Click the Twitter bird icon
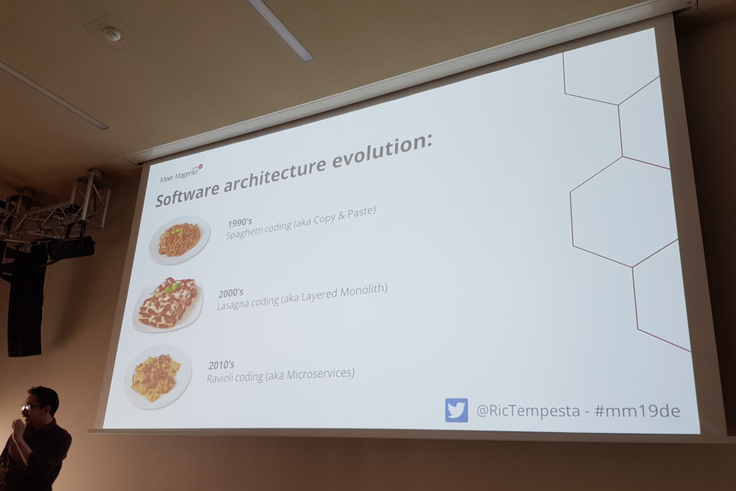click(x=456, y=410)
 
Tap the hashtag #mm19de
click(x=637, y=412)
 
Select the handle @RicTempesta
click(x=528, y=412)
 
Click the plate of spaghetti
click(x=180, y=240)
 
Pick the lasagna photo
click(x=168, y=304)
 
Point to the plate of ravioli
click(x=158, y=377)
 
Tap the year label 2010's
click(x=222, y=365)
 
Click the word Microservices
click(x=320, y=374)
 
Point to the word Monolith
click(x=363, y=291)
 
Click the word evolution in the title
click(x=382, y=151)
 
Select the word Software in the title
click(x=187, y=193)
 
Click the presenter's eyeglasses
click(x=31, y=407)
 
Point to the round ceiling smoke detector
click(x=111, y=33)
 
